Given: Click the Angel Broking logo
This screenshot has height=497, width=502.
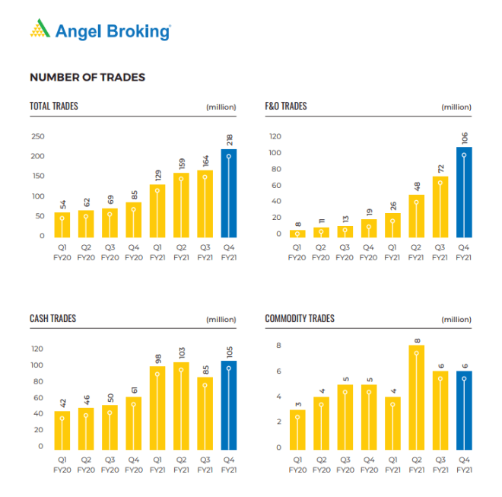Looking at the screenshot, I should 100,30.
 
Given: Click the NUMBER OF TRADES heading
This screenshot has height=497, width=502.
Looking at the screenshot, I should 87,78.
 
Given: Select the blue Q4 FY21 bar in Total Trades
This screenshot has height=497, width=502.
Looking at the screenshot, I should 229,193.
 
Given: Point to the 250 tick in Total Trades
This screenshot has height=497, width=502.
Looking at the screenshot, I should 37,136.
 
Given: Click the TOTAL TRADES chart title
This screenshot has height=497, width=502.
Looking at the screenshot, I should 54,107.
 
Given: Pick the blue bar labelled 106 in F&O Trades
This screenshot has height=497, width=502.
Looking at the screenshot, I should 464,192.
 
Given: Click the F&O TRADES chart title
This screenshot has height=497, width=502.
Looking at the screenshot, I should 286,107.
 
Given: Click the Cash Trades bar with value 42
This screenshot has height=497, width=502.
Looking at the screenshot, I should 63,430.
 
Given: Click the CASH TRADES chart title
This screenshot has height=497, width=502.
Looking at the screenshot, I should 53,318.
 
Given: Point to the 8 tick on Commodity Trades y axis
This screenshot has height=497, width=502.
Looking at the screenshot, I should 278,346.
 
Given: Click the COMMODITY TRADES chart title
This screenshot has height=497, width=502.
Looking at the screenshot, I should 300,318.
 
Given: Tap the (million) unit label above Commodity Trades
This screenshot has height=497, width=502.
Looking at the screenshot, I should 456,320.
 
